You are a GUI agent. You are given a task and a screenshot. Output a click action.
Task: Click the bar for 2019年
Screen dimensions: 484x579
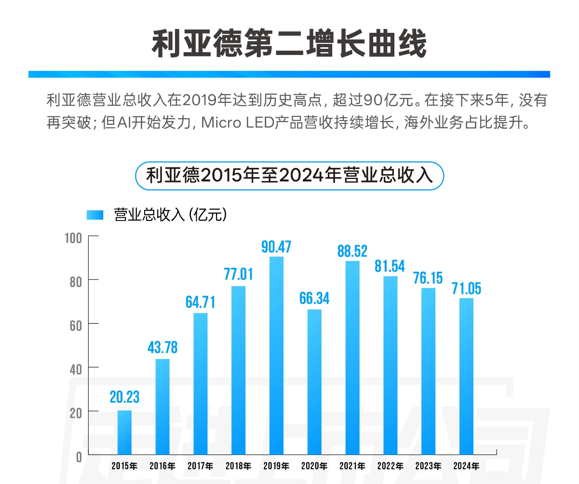tap(276, 356)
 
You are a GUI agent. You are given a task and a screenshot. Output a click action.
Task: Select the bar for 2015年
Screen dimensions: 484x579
tap(124, 432)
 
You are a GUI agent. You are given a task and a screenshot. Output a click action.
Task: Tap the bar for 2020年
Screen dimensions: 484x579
tap(314, 382)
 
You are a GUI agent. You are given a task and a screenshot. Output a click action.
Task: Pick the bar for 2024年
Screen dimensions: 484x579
tap(466, 376)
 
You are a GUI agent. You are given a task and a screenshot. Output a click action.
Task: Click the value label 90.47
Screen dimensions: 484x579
tap(276, 247)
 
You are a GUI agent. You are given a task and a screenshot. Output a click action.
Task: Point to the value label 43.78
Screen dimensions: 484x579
tap(162, 347)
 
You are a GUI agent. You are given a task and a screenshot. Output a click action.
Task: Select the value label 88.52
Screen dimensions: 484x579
tap(352, 251)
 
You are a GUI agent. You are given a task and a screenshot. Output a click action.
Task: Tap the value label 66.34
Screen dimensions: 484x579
tap(314, 298)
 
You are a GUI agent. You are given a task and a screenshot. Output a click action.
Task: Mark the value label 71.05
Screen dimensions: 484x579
tap(466, 288)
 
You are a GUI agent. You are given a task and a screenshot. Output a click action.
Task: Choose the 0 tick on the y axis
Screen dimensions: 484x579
tap(79, 456)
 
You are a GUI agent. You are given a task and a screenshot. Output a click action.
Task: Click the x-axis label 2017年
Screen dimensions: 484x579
tap(200, 466)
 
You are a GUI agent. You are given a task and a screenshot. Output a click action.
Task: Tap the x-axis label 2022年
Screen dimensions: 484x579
tap(390, 466)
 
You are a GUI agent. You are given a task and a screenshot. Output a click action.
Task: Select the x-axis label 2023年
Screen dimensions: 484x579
tap(428, 466)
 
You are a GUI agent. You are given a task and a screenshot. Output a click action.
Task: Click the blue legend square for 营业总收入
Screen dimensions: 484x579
tap(95, 215)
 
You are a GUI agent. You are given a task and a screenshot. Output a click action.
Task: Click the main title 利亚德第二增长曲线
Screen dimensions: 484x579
tap(289, 44)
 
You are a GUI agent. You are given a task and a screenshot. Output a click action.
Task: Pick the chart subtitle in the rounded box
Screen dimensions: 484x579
tap(289, 176)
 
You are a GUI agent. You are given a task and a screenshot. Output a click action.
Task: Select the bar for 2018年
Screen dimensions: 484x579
tap(238, 371)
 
